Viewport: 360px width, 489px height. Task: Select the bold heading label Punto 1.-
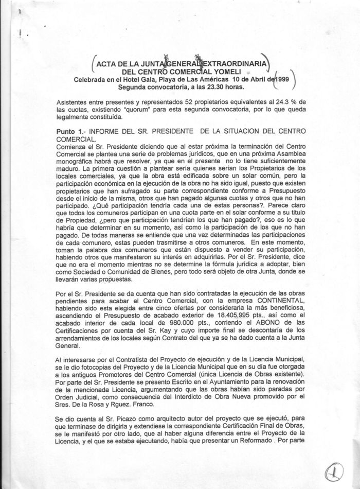coord(72,132)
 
